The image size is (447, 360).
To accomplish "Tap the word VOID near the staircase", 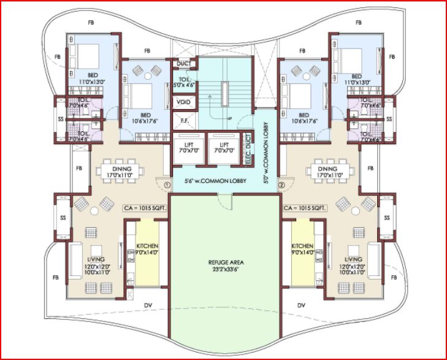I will (x=183, y=102).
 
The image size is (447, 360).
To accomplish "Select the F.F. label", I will (x=183, y=121).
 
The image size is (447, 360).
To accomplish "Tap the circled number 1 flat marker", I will (x=166, y=182).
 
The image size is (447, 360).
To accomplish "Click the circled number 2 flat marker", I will (x=281, y=183).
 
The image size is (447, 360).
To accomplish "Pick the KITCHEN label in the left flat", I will (x=147, y=248).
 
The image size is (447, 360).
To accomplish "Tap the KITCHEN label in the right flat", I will (x=302, y=248).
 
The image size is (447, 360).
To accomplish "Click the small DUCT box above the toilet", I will (x=183, y=64).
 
